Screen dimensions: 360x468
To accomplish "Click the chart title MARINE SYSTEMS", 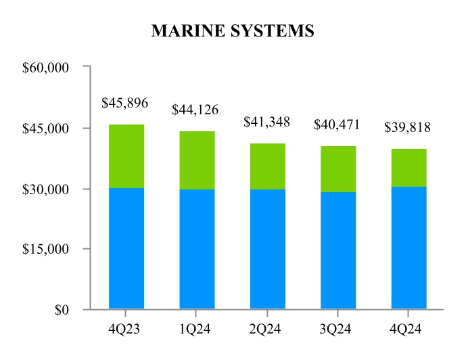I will click(x=233, y=30).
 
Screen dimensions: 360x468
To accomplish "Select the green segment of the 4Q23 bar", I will click(x=126, y=156).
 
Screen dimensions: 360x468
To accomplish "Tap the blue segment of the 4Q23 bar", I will click(x=126, y=248).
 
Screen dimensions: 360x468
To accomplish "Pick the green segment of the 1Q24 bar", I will click(x=197, y=160).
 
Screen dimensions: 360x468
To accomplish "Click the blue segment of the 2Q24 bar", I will click(x=267, y=249).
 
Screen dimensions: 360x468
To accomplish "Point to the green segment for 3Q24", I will click(x=338, y=169).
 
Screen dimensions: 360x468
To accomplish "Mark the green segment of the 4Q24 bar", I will click(x=408, y=168).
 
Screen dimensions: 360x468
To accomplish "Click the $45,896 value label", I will click(x=124, y=103).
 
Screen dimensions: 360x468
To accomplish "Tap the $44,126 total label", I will click(x=195, y=109).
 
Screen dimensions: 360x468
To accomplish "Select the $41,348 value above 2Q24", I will click(x=266, y=122).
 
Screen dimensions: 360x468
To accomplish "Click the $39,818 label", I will click(x=408, y=127).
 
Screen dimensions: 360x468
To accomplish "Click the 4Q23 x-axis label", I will click(x=126, y=329).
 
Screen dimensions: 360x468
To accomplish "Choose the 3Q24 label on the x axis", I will click(x=338, y=329).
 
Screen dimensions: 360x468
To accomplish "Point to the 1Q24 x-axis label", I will click(x=197, y=329).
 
